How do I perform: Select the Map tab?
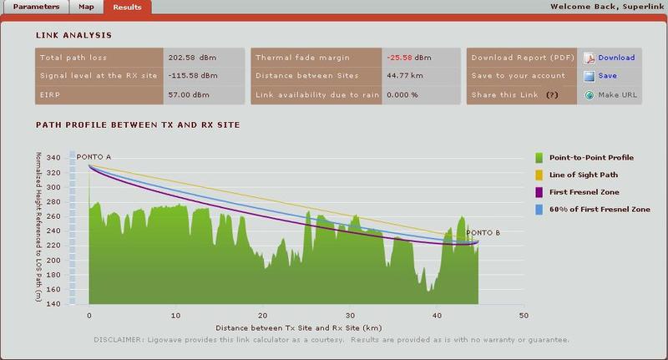click(x=86, y=7)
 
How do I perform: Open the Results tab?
click(x=128, y=7)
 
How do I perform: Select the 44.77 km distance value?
click(x=403, y=76)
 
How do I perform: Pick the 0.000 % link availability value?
click(x=402, y=94)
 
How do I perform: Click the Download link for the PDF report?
click(x=616, y=58)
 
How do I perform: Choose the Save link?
click(x=607, y=76)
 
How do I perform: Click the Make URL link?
click(x=617, y=94)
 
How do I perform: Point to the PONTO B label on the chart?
click(x=483, y=233)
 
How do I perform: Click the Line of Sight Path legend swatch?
click(x=539, y=174)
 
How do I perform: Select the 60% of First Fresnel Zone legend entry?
click(x=600, y=209)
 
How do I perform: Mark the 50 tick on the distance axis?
click(x=524, y=315)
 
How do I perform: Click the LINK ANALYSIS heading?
click(x=73, y=35)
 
